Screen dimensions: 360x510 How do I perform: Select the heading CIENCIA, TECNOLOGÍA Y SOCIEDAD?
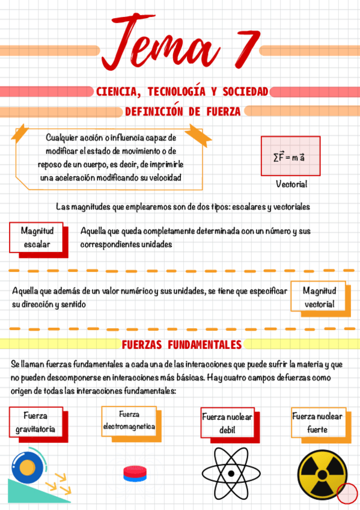(182, 91)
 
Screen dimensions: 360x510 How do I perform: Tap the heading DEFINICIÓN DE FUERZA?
(183, 111)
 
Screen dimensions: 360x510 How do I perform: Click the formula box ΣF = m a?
(290, 156)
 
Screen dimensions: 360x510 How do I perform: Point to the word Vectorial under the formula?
(291, 184)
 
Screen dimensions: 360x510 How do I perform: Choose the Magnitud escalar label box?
(37, 238)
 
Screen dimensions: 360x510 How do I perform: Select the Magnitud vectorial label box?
(319, 296)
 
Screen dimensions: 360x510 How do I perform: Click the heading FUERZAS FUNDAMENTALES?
(182, 345)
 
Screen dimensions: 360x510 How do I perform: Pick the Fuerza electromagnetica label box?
(129, 420)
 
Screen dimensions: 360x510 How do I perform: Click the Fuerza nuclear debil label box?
(227, 423)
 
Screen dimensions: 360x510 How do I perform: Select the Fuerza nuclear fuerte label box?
(317, 423)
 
